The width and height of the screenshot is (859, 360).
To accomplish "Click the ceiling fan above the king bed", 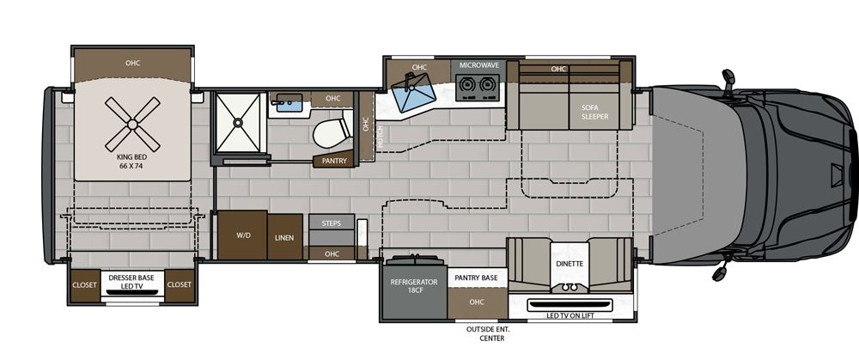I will (132, 124).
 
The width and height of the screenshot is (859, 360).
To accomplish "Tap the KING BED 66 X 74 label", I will (132, 163).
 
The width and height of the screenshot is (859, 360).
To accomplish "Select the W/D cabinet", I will (241, 235).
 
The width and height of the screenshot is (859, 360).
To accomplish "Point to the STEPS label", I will (332, 223).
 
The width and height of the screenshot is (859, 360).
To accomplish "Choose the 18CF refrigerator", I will (414, 287).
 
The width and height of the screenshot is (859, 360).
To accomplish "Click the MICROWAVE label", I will (479, 65).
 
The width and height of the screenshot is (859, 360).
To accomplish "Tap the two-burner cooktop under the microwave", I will (477, 85).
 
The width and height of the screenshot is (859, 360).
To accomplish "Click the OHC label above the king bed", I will (132, 63).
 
